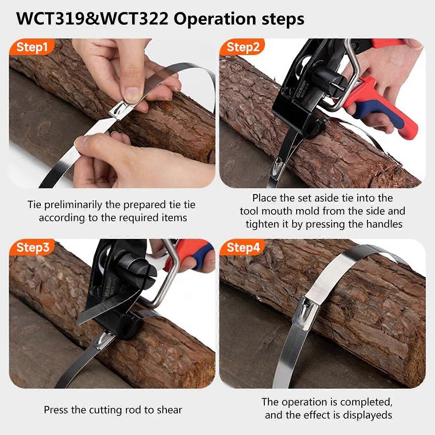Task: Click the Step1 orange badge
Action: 32,47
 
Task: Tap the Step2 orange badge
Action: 243,47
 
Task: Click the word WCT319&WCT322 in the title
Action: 93,19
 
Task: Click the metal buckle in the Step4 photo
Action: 307,313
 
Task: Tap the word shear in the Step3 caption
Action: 169,410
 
